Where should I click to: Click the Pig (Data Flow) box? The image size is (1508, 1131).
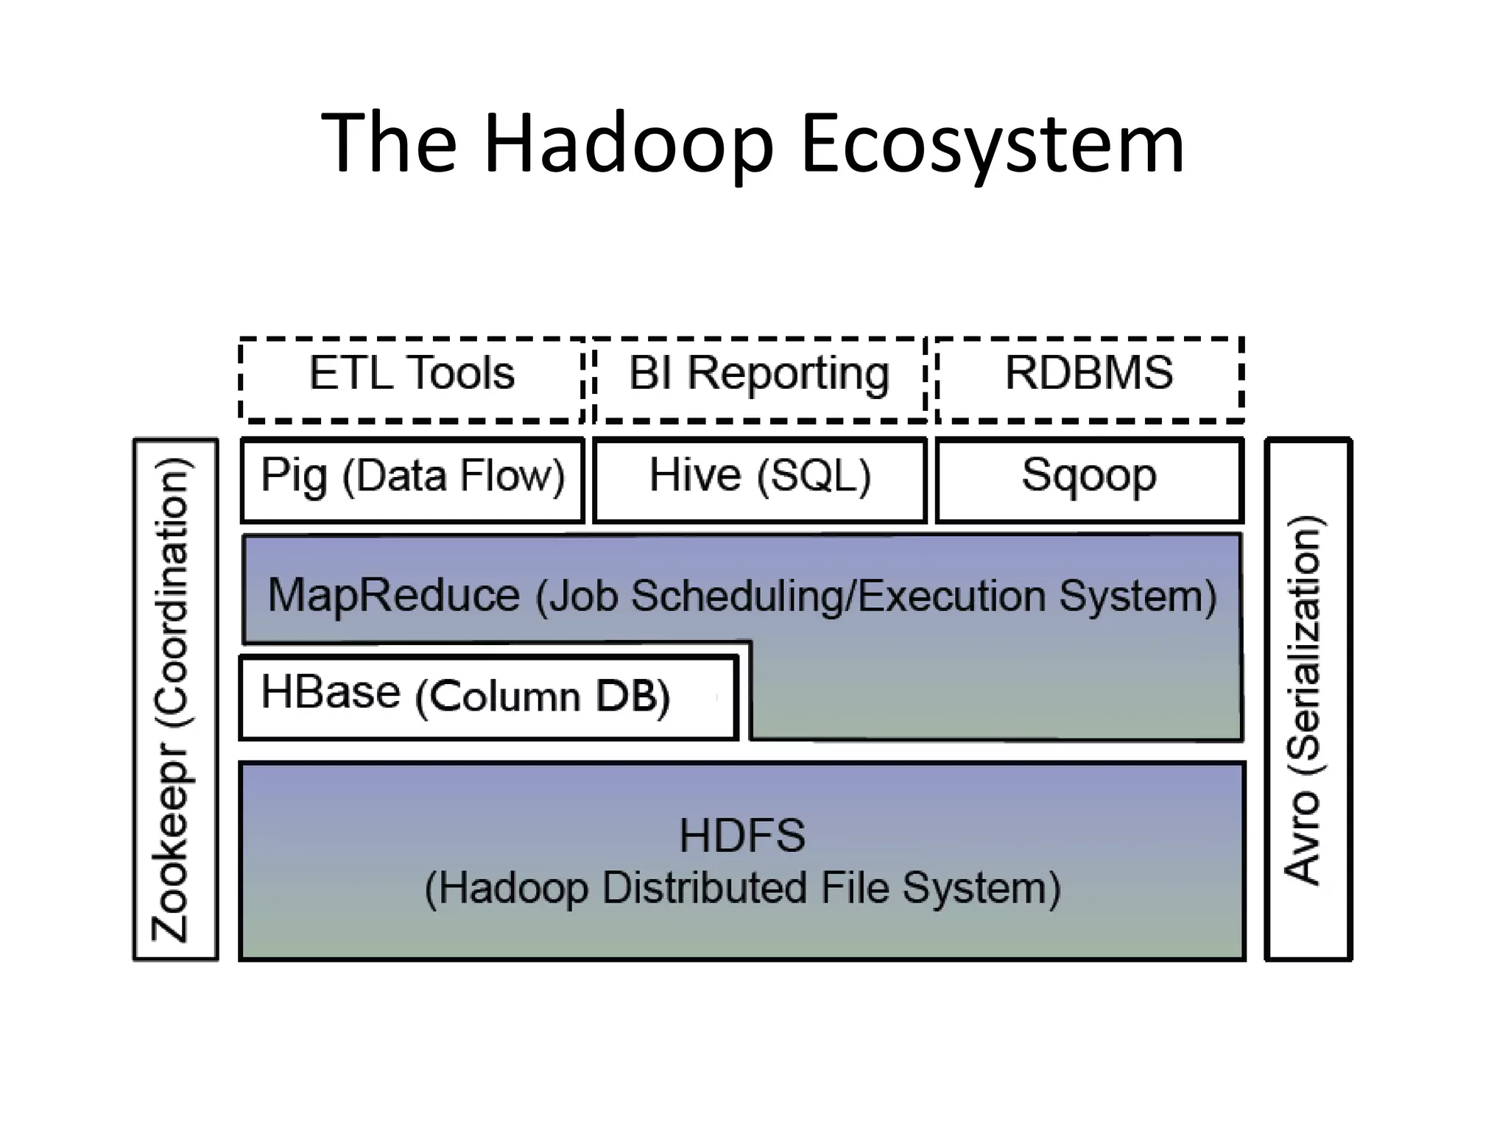[412, 479]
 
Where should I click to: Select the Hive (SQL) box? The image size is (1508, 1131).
[759, 479]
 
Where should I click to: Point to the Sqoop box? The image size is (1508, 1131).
[1089, 479]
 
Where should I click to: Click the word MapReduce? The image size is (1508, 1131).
[394, 595]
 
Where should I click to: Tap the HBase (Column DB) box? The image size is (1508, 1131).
[488, 697]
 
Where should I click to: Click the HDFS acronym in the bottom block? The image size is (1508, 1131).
[742, 836]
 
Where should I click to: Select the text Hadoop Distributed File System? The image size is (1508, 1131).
[742, 887]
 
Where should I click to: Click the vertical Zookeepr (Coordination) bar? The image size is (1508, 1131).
[175, 700]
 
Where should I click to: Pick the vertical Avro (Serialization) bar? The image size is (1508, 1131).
[1308, 700]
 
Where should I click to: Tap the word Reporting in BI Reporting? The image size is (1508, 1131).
[788, 374]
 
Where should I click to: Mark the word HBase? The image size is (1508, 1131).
[331, 692]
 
